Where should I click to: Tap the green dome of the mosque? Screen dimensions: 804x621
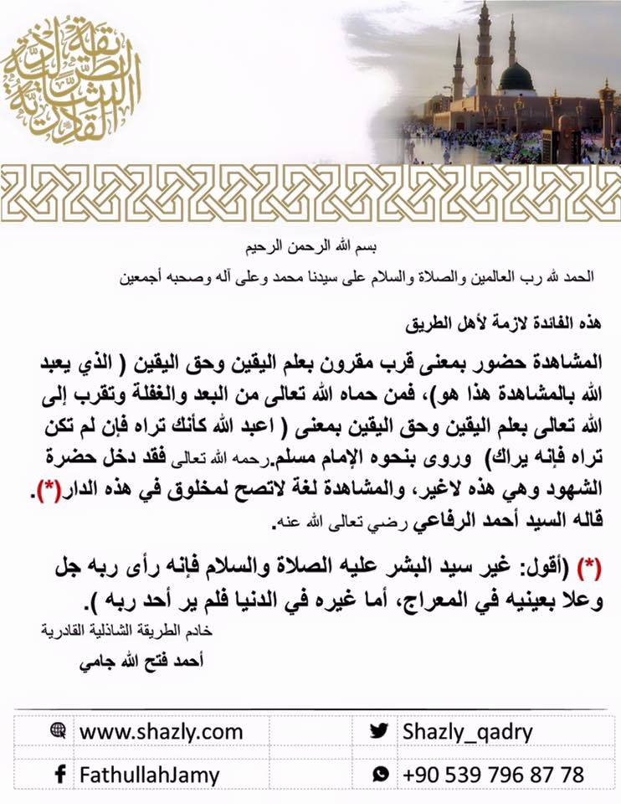point(516,78)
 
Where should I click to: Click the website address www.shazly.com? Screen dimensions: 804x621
point(161,731)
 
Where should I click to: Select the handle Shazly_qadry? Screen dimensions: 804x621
point(467,731)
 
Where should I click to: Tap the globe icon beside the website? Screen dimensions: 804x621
point(58,730)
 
